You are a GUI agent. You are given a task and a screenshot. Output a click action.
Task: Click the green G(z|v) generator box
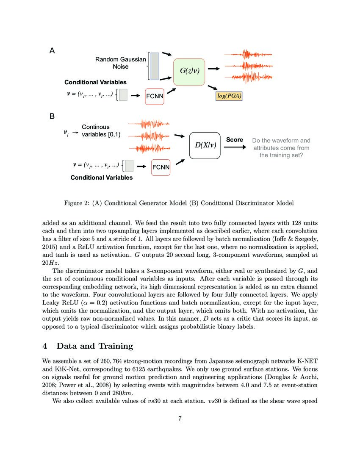coord(189,72)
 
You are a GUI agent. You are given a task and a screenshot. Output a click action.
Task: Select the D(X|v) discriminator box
coord(205,145)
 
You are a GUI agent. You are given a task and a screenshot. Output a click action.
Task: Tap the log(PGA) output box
coord(229,96)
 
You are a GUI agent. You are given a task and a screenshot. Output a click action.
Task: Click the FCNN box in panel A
coord(155,96)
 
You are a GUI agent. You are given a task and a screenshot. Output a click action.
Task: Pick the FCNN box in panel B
coord(161,167)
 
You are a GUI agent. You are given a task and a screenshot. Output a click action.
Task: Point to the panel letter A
coord(52,51)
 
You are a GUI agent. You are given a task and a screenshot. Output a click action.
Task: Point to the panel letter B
coord(52,116)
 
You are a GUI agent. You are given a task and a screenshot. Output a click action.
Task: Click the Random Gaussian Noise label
coord(120,63)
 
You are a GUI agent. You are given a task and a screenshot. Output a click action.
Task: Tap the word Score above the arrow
coord(234,139)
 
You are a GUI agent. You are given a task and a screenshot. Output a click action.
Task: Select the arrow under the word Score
coord(234,147)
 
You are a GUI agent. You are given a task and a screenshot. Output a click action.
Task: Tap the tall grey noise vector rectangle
coord(155,66)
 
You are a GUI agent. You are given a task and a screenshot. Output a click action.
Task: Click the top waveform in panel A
coord(248,55)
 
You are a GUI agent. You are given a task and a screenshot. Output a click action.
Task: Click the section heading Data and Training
coord(94,346)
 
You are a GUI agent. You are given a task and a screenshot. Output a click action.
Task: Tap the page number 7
coord(180,419)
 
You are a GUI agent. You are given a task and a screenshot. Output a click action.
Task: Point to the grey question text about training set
coord(281,148)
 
